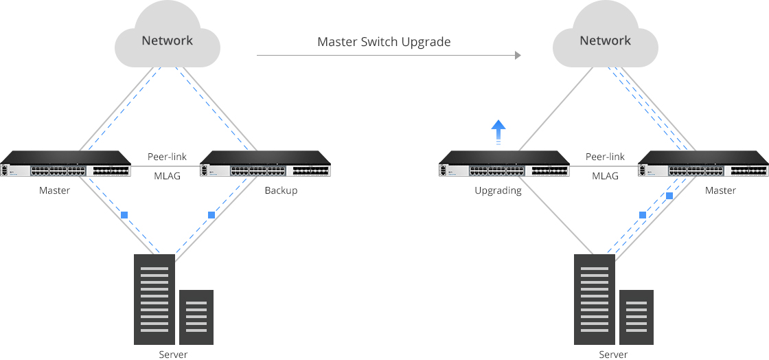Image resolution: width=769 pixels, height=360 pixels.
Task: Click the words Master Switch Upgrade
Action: click(x=384, y=42)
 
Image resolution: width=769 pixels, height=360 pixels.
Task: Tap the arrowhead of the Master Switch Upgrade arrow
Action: click(x=518, y=56)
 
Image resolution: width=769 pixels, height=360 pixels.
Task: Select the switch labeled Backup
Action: click(x=265, y=164)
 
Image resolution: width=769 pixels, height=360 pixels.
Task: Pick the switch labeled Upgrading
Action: click(x=504, y=164)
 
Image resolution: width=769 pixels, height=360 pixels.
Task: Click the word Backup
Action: click(x=281, y=190)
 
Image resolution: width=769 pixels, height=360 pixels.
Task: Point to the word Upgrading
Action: click(x=498, y=191)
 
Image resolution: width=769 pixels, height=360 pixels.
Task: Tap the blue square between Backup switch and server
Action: click(x=211, y=215)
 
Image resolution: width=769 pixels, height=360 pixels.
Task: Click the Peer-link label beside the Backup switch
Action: click(x=167, y=157)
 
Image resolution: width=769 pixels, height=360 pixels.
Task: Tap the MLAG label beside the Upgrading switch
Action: click(x=605, y=176)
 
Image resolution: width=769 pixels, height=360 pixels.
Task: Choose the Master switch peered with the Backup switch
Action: click(x=66, y=164)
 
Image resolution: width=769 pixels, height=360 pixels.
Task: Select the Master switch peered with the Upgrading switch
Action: click(x=703, y=164)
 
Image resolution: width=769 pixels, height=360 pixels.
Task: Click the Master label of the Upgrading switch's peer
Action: click(x=720, y=190)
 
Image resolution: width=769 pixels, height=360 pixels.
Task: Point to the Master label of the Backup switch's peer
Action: click(x=54, y=190)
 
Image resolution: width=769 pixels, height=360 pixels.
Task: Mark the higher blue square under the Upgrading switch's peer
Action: click(x=669, y=196)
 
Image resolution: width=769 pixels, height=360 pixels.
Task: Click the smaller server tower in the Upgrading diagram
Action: click(x=636, y=317)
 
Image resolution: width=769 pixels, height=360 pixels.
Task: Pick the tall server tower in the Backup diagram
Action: click(x=154, y=299)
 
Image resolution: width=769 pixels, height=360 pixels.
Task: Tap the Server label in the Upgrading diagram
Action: click(x=613, y=355)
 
